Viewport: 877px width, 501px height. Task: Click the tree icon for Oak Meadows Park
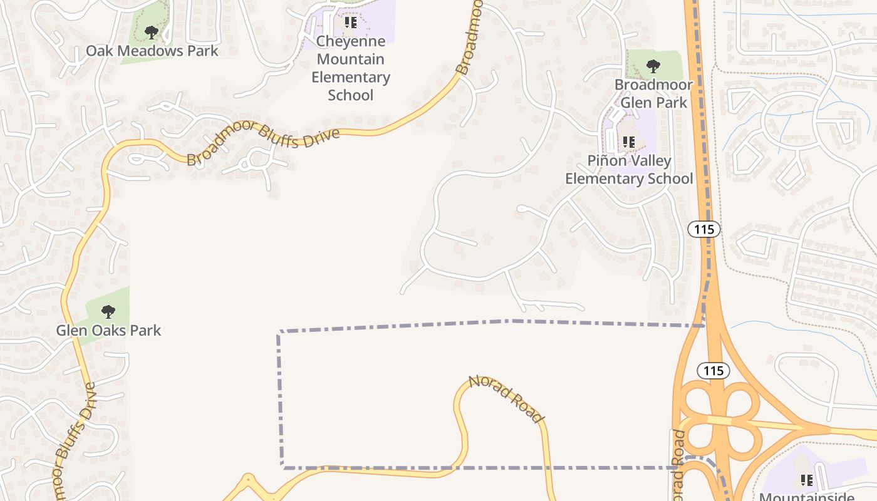(150, 33)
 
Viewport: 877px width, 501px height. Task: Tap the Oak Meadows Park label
(152, 51)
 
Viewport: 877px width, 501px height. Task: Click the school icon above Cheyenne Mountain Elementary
(351, 23)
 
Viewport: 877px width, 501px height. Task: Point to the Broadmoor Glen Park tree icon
(653, 66)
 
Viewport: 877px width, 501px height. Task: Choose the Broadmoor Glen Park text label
(653, 93)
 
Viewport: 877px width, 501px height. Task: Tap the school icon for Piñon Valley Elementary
(629, 142)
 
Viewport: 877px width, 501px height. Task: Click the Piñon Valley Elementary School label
(629, 170)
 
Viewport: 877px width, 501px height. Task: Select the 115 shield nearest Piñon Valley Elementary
(704, 229)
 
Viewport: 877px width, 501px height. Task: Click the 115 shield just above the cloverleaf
(714, 371)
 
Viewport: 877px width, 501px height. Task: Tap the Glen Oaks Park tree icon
(108, 311)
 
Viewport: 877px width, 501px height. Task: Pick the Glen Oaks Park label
(108, 330)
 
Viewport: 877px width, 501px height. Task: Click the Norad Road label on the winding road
(507, 398)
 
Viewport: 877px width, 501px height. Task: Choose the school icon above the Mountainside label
(806, 480)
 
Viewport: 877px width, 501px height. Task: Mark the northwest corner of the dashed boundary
(279, 332)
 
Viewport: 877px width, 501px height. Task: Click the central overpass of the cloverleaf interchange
(719, 420)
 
